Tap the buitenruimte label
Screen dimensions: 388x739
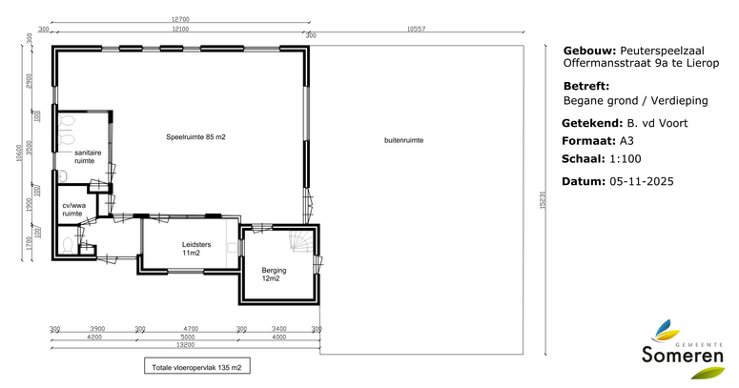(403, 140)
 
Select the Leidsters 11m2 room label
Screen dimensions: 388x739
(191, 249)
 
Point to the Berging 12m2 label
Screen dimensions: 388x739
(274, 275)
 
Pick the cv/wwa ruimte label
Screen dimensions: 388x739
(73, 210)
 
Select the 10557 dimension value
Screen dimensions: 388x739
(416, 29)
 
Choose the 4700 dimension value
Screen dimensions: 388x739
(190, 328)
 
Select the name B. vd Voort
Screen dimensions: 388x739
(656, 123)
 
